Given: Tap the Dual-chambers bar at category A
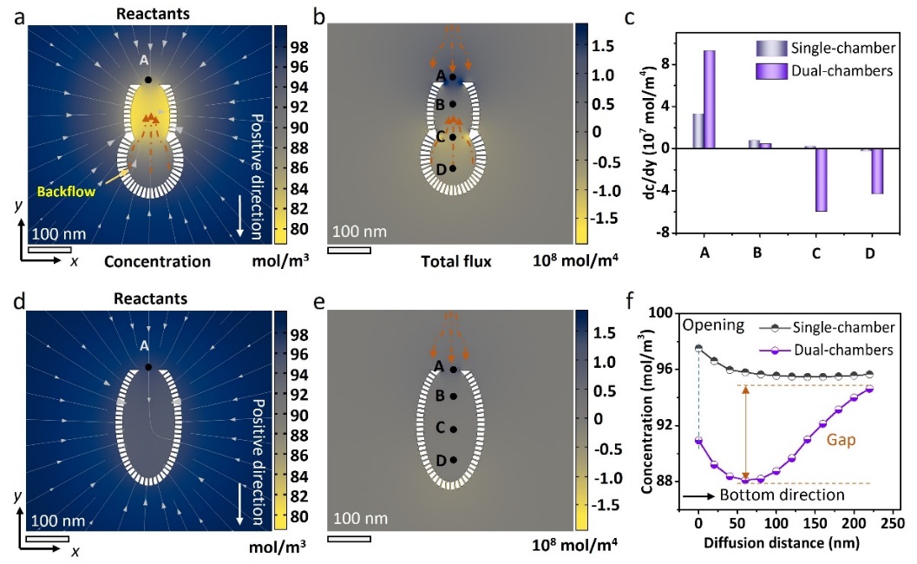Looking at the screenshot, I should tap(710, 99).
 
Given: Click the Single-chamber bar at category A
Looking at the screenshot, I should tap(698, 130).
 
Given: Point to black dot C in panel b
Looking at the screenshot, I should tap(453, 137).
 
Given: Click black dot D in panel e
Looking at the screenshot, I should tap(453, 460).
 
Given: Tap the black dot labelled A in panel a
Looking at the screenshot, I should tap(148, 80).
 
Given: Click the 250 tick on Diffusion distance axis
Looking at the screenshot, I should tap(892, 526).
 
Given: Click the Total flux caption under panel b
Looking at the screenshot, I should tap(456, 260).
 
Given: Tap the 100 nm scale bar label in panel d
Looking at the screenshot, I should tap(59, 521).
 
